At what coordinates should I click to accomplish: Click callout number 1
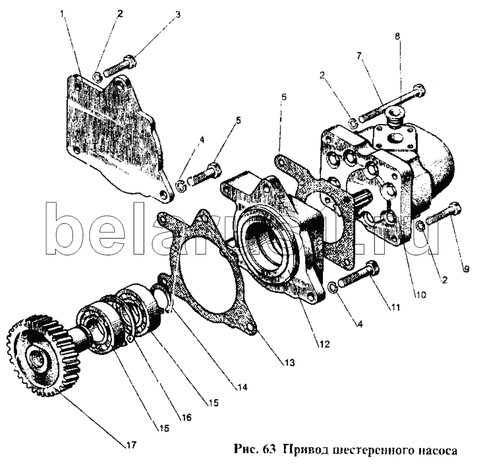(x=64, y=12)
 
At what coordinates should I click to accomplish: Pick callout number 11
(x=395, y=308)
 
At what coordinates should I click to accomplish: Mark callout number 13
(x=290, y=363)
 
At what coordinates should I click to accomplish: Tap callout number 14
(x=236, y=386)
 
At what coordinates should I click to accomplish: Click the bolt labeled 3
(x=117, y=67)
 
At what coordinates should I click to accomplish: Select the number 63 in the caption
(x=271, y=450)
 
